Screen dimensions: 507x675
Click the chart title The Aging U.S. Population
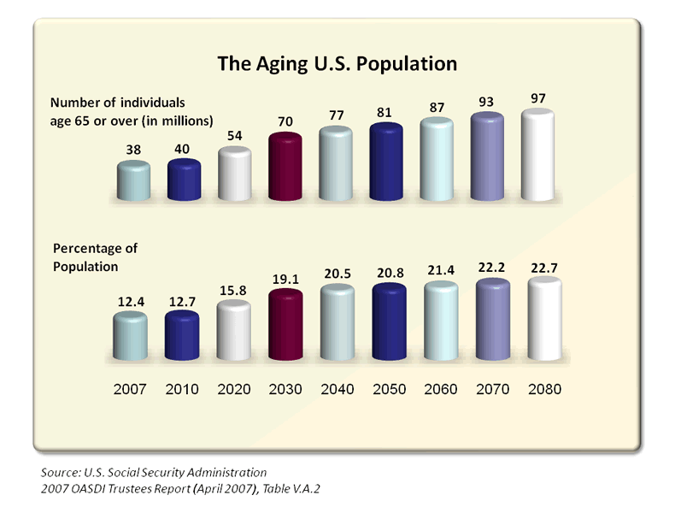coord(337,64)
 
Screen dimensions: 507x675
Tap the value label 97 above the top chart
coord(538,98)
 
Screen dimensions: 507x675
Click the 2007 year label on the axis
coord(131,389)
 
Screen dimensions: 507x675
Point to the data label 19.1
coord(285,279)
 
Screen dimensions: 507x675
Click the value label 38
coord(133,150)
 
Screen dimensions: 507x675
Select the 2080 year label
coord(543,389)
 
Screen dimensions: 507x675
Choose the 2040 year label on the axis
coord(337,389)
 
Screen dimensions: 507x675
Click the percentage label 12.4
coord(131,301)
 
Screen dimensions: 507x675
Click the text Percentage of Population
coord(96,256)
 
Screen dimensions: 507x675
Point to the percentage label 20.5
coord(337,274)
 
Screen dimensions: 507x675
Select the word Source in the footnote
coord(57,472)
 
